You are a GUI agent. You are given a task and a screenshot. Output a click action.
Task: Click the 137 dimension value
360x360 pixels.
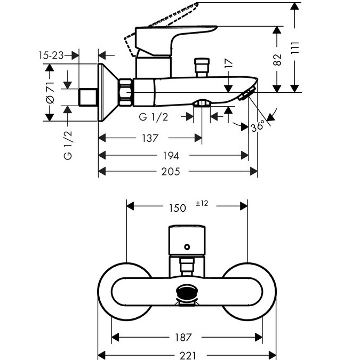click(150, 138)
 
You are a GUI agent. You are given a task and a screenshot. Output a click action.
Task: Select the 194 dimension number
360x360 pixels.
click(171, 156)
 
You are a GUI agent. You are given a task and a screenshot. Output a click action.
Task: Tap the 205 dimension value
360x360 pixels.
click(171, 172)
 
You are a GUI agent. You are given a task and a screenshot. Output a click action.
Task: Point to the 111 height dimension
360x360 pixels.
click(295, 48)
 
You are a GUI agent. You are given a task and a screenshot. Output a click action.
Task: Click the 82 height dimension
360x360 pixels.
click(277, 60)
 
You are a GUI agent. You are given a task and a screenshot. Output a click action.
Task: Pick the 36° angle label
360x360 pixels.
click(258, 126)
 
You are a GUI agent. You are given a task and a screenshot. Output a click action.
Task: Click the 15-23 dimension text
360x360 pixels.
click(51, 55)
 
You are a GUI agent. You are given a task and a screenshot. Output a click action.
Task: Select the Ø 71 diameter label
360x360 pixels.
click(50, 92)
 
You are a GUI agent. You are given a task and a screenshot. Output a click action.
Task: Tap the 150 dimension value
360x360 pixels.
click(178, 208)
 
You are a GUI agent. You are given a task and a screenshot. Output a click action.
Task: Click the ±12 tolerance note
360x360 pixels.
click(202, 203)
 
